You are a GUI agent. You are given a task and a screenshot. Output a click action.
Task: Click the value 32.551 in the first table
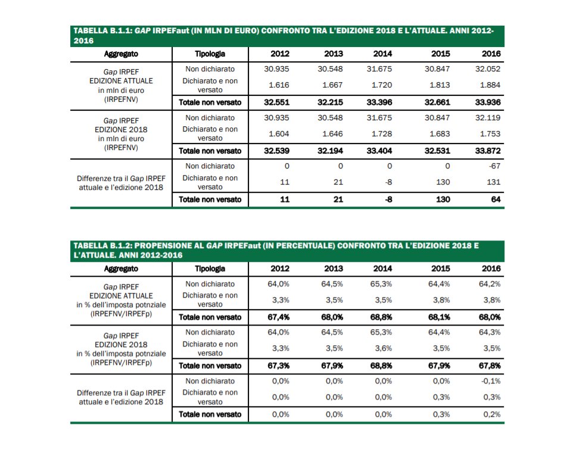pos(276,102)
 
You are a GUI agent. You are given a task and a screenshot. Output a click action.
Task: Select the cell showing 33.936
pos(488,102)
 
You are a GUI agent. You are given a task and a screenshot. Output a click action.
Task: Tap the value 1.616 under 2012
pos(277,85)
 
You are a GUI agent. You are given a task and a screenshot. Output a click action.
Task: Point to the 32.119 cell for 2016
pos(488,118)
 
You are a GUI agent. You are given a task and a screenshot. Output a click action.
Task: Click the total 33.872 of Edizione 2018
pos(488,151)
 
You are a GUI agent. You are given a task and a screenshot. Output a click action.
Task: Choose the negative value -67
pos(494,166)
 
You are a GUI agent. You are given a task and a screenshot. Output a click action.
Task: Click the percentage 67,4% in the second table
pos(277,317)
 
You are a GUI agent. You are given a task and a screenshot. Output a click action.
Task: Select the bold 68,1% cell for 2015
pos(438,317)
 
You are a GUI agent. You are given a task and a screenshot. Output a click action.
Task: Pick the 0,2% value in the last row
pos(492,414)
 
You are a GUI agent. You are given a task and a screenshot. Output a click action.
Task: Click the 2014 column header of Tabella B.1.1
pos(382,54)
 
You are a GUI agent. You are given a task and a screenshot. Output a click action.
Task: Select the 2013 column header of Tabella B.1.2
pos(334,268)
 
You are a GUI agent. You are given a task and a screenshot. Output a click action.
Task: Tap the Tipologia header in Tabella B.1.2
pos(210,268)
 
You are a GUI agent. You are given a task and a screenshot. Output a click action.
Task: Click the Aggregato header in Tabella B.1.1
pos(121,54)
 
